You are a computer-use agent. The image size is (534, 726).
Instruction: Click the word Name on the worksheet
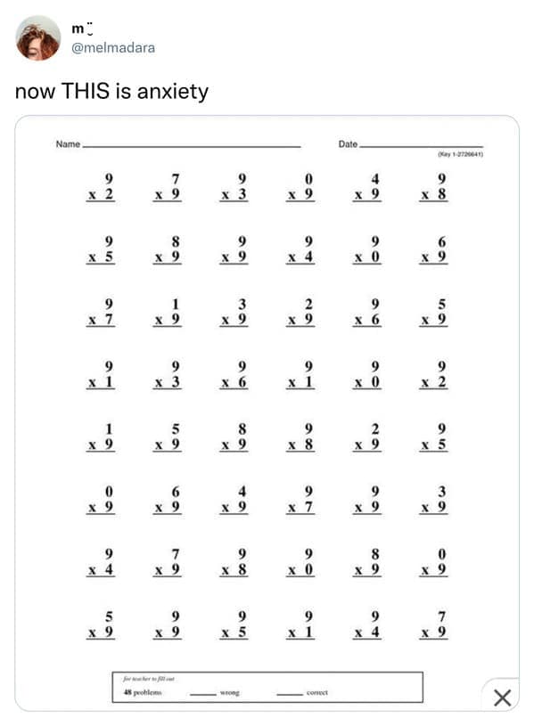point(68,143)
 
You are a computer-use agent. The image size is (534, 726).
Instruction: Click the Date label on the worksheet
point(348,143)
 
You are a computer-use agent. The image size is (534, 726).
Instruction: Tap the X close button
point(502,697)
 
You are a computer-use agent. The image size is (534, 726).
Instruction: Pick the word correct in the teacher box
point(317,691)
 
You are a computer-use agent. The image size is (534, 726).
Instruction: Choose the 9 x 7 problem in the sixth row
point(302,499)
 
